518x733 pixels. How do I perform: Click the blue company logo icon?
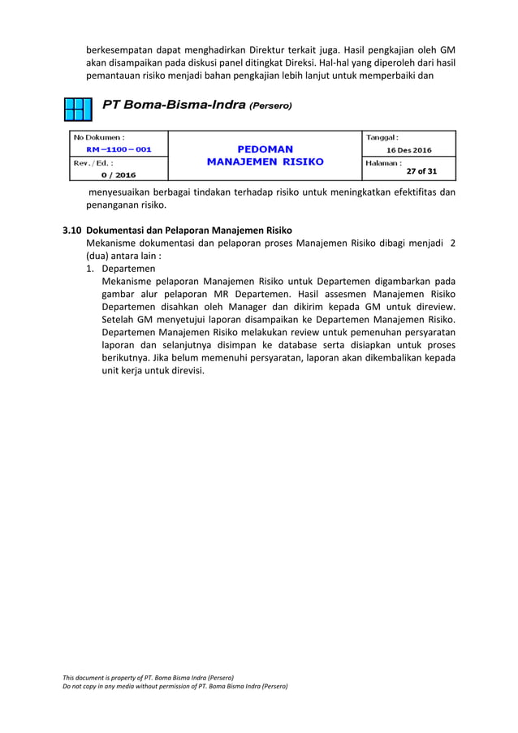point(77,109)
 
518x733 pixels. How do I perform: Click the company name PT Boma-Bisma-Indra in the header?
point(173,106)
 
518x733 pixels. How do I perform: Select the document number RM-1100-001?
point(118,149)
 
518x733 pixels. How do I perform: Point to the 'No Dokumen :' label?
point(101,137)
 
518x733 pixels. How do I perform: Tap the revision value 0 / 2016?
point(119,175)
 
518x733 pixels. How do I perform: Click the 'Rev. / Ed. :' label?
point(94,162)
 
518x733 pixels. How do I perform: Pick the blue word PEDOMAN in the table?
point(265,149)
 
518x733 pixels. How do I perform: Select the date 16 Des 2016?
point(410,150)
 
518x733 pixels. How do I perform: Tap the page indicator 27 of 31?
point(421,171)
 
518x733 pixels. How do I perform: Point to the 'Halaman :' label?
point(385,162)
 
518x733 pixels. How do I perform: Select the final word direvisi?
point(183,372)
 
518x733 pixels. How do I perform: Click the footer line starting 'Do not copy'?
point(175,686)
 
